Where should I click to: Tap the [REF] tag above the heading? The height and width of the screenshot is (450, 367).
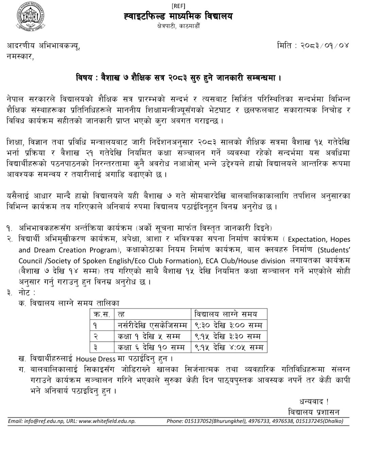(x=178, y=5)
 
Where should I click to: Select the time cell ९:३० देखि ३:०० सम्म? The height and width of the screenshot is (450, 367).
(x=228, y=325)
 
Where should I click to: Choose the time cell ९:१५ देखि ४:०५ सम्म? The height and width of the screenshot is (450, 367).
(x=228, y=347)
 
